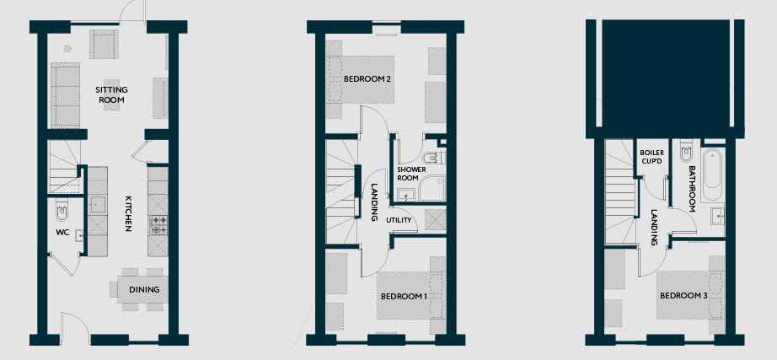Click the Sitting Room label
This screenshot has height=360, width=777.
click(111, 94)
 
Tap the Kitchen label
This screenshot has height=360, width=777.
click(128, 213)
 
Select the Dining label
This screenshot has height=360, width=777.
click(144, 289)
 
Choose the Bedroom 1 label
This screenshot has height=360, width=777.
click(404, 297)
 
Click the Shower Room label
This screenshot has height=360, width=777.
click(411, 174)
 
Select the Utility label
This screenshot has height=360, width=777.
click(399, 220)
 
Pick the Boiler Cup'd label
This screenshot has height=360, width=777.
click(651, 157)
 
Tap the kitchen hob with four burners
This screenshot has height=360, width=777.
click(158, 224)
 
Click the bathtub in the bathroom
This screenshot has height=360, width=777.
click(713, 174)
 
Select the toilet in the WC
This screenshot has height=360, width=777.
click(62, 210)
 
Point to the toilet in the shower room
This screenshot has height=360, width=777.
click(434, 159)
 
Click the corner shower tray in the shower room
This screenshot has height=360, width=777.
click(432, 188)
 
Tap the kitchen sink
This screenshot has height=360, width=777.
click(97, 204)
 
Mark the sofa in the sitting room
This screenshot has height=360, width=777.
click(65, 95)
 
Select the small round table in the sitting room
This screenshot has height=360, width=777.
click(67, 49)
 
